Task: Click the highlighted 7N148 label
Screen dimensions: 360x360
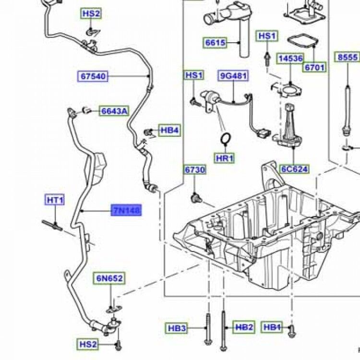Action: [x=126, y=210]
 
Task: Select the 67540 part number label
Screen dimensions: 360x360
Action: [x=94, y=76]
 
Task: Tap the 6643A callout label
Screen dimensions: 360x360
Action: [x=113, y=111]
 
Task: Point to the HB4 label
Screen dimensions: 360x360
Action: [x=169, y=130]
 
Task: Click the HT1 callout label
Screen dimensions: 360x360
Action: [x=55, y=200]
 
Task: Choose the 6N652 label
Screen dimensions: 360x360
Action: [x=109, y=278]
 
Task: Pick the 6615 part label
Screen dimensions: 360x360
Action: [x=215, y=43]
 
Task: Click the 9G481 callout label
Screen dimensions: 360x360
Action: [x=233, y=75]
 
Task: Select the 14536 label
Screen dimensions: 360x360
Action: [x=291, y=59]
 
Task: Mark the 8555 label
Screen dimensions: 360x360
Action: [x=348, y=58]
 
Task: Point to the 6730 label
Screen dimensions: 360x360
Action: [x=195, y=170]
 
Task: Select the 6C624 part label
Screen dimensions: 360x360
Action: [x=295, y=169]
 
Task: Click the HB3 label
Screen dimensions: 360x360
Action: [x=177, y=328]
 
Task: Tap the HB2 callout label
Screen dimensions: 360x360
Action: [x=244, y=327]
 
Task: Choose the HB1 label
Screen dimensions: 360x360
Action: [x=273, y=327]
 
